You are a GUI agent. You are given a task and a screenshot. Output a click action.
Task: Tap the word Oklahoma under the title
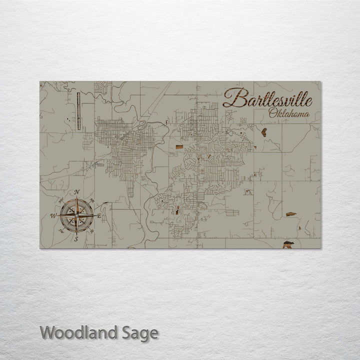coord(288,114)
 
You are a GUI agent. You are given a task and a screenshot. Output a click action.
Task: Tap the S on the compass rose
coord(76,239)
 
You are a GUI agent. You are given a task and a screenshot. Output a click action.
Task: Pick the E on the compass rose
coord(99,215)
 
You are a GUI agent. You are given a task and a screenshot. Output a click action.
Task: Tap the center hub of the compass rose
coord(76,215)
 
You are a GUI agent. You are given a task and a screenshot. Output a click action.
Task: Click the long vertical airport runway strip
coord(78,110)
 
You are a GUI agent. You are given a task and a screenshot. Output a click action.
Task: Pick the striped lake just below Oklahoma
coord(263,132)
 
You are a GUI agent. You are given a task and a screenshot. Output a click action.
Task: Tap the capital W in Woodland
coord(47,332)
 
